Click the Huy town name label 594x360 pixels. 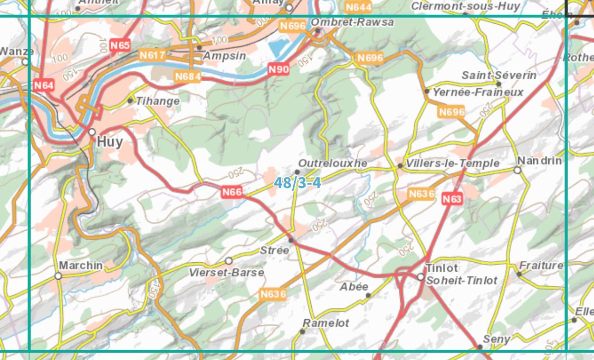tap(110, 142)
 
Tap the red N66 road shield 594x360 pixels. tap(232, 192)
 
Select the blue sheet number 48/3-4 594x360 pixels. tap(297, 182)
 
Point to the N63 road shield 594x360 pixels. tap(452, 199)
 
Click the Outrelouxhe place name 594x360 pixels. tap(333, 163)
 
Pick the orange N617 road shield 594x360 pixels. tap(152, 56)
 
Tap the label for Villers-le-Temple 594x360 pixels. tap(452, 163)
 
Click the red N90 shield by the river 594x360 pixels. tap(278, 69)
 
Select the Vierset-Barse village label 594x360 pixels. tap(226, 273)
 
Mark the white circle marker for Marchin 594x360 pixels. tap(58, 275)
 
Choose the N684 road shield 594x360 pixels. tap(188, 76)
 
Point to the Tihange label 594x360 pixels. tap(158, 101)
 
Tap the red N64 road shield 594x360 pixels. tap(44, 85)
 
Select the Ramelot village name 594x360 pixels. tap(326, 323)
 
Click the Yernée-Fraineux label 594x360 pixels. tap(478, 92)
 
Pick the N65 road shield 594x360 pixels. tap(120, 46)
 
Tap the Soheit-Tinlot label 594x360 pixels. tap(461, 281)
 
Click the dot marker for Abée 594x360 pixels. tap(368, 295)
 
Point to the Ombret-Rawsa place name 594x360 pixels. tap(352, 22)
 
